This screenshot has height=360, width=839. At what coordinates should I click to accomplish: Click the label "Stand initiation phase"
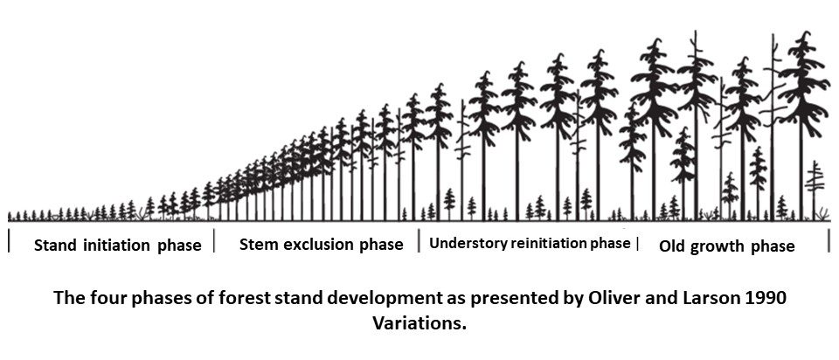pyautogui.click(x=117, y=246)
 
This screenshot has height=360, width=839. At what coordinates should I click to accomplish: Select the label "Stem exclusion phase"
pyautogui.click(x=321, y=245)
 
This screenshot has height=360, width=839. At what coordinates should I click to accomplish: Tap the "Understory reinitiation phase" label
pyautogui.click(x=529, y=243)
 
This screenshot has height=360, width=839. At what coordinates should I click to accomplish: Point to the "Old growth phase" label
pyautogui.click(x=726, y=246)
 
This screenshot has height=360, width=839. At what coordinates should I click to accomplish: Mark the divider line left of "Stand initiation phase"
pyautogui.click(x=9, y=242)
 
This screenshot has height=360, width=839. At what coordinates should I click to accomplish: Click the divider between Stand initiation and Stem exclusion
pyautogui.click(x=214, y=242)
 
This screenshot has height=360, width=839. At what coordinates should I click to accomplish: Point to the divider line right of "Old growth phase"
pyautogui.click(x=829, y=242)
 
